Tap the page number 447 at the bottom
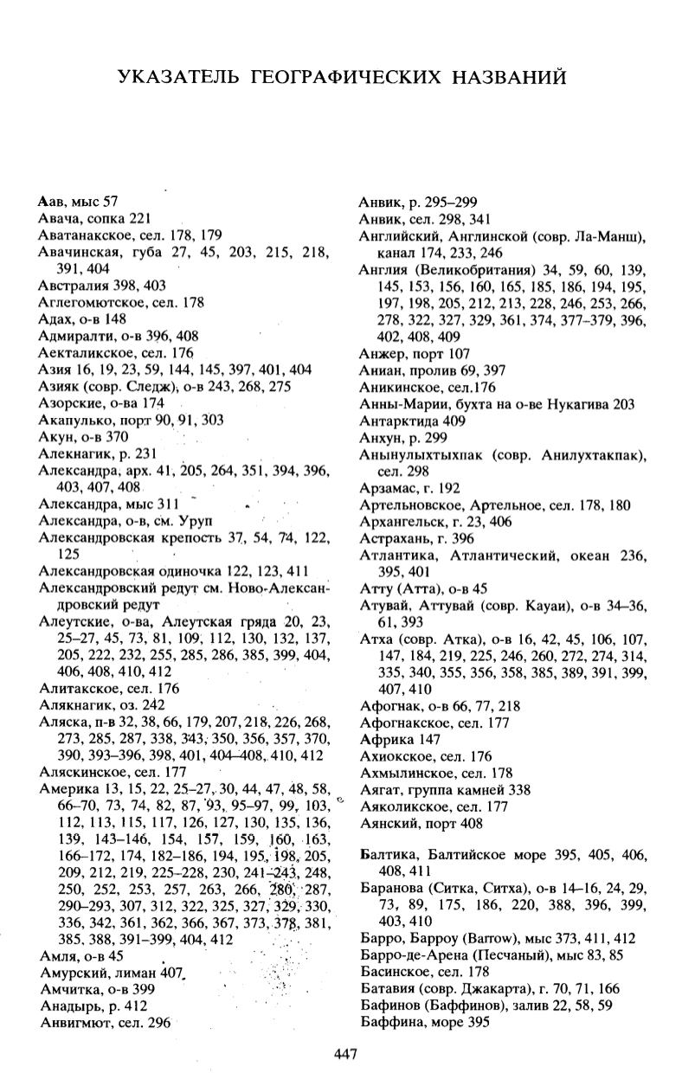tap(345, 1053)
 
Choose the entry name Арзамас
tap(385, 488)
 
